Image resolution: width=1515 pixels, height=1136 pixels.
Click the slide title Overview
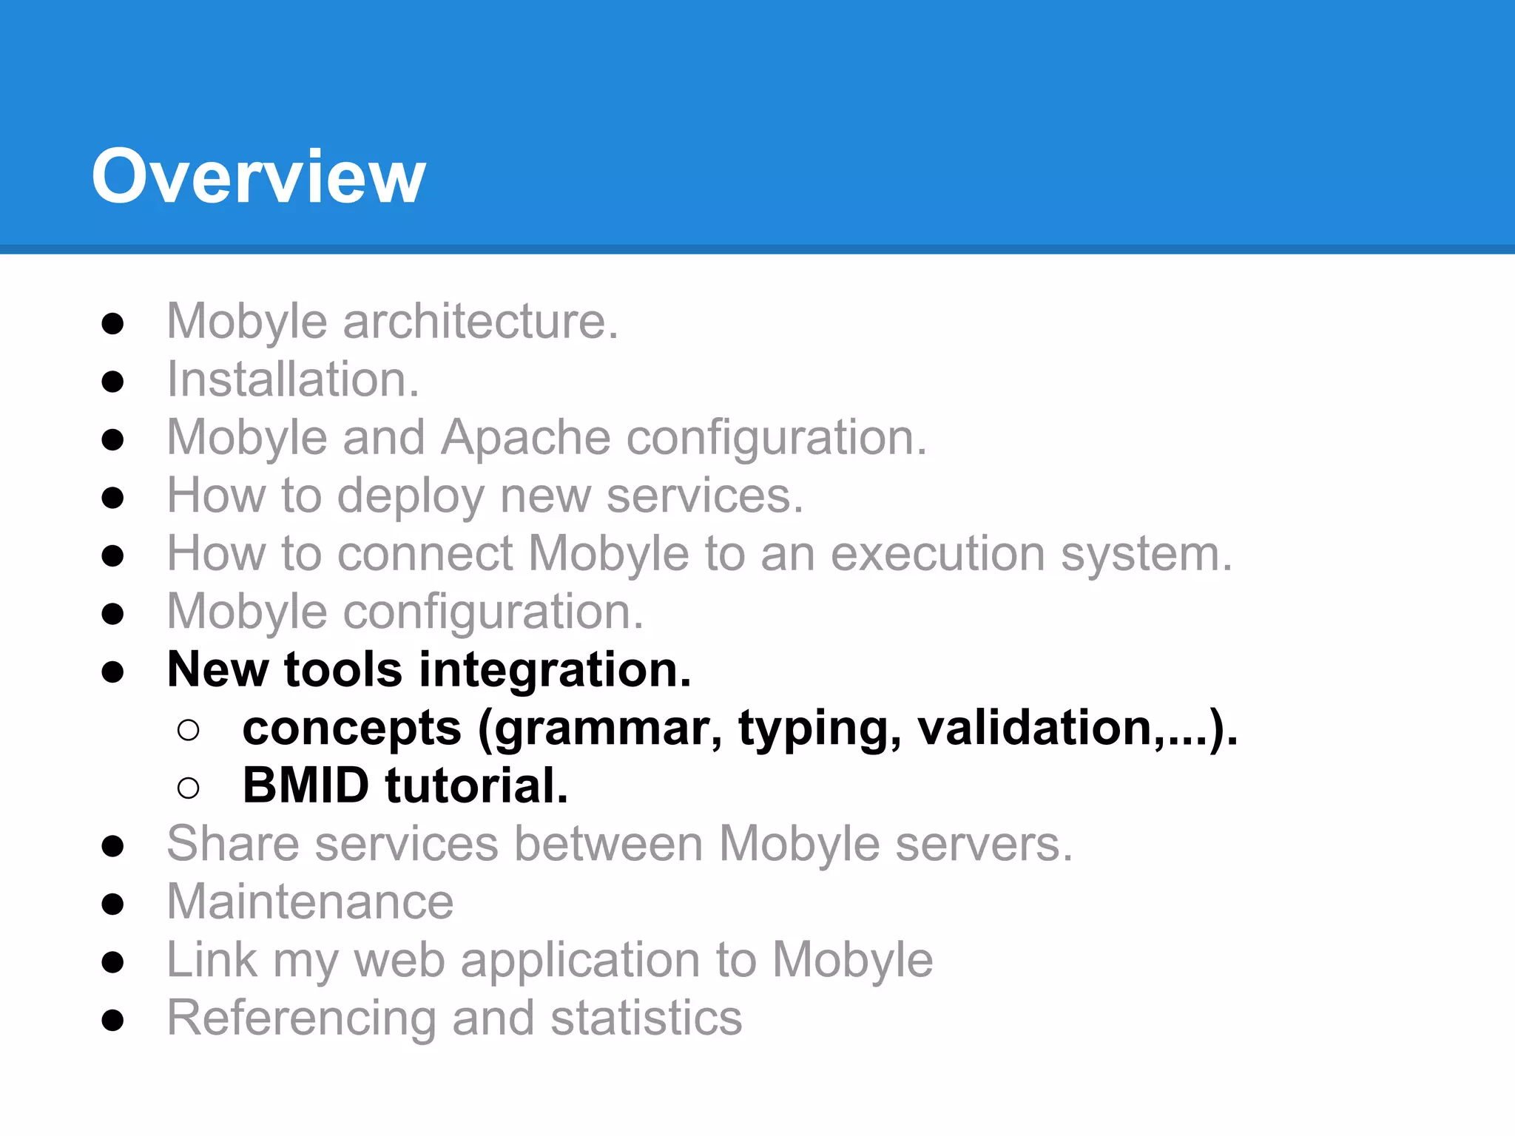(258, 177)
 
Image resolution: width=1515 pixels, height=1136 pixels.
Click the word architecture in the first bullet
(480, 322)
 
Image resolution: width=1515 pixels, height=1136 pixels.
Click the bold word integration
(555, 670)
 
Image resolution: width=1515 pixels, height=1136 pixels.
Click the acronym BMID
(306, 785)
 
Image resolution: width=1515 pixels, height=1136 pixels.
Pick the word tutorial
(477, 785)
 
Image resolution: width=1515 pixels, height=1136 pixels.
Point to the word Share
(232, 844)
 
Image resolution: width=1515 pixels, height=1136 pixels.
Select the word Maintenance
(310, 902)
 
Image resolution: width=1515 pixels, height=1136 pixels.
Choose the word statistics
(646, 1018)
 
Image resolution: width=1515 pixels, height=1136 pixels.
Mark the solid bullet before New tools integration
(112, 672)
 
